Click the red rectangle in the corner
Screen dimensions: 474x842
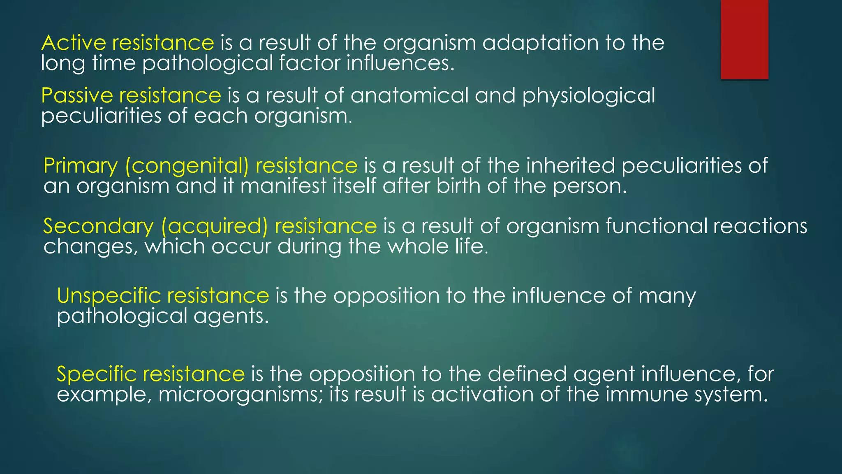(744, 39)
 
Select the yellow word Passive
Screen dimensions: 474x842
(77, 95)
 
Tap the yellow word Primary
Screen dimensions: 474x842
(81, 166)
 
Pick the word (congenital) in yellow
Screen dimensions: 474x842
(187, 166)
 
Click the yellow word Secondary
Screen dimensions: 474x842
(98, 226)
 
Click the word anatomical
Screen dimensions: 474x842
(409, 95)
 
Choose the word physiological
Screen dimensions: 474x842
(588, 95)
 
